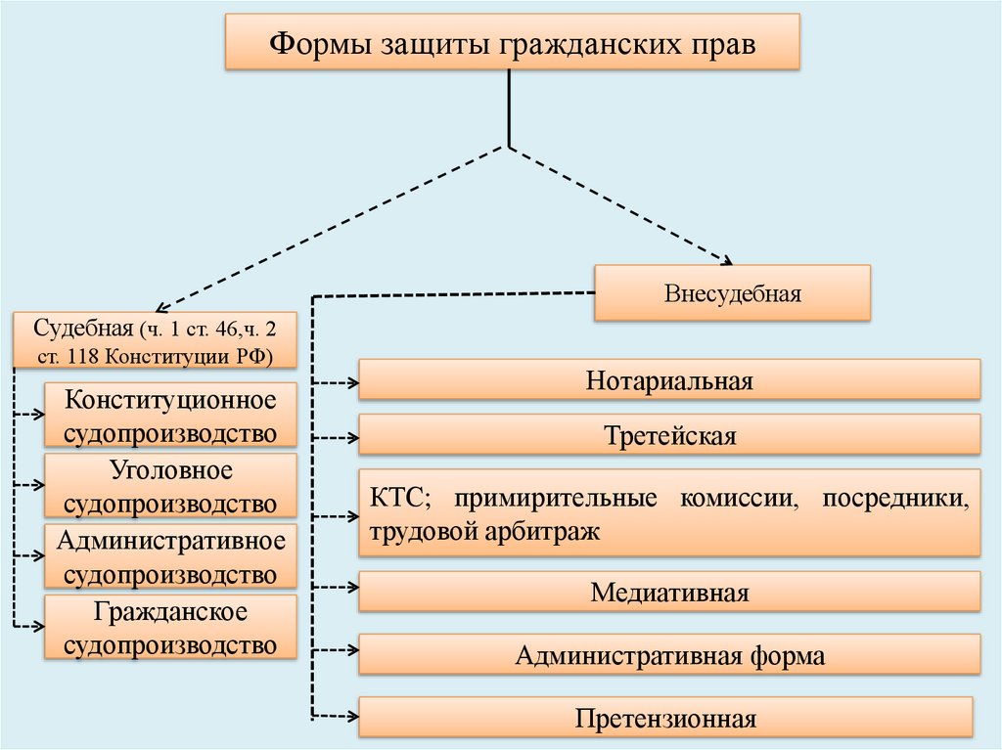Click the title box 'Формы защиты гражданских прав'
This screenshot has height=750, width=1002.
[513, 42]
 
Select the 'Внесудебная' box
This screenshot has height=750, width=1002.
[732, 293]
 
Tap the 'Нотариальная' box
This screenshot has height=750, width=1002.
[669, 379]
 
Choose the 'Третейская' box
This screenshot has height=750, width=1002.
[669, 434]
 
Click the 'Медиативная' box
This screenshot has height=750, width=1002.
[669, 592]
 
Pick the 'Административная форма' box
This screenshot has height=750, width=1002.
[669, 654]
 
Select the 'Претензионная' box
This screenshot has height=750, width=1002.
[665, 718]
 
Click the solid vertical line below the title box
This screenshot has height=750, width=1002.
[509, 108]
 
